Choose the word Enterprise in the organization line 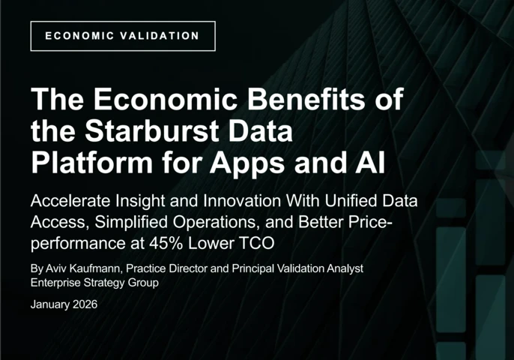click(x=56, y=283)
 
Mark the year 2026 click(x=85, y=304)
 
